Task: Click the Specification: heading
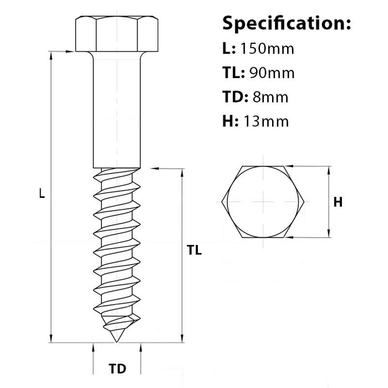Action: [287, 23]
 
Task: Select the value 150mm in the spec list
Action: [267, 49]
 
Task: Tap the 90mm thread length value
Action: [272, 73]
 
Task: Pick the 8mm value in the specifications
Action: [270, 97]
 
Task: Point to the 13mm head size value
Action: [266, 121]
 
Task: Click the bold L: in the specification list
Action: [229, 49]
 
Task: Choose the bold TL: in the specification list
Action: [233, 73]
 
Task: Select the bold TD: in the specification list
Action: [235, 97]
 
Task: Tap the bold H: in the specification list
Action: [231, 121]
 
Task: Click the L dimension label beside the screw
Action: [42, 193]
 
